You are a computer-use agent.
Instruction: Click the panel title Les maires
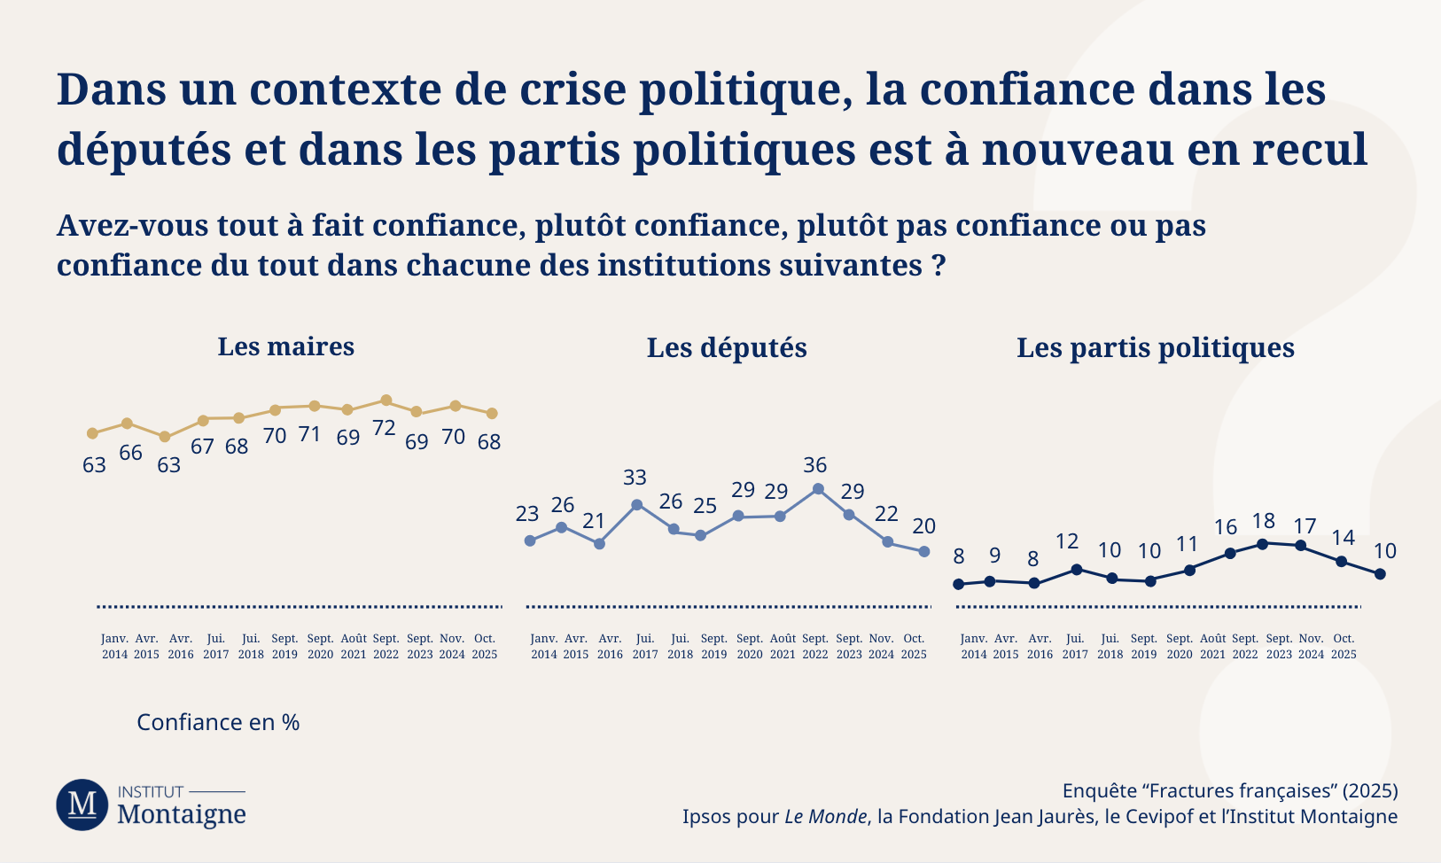pos(285,346)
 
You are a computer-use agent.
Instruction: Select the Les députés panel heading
pos(727,348)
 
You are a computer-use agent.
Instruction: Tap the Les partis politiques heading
pos(1155,348)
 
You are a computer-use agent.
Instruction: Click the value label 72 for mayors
pos(384,428)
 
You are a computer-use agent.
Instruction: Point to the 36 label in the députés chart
pos(814,465)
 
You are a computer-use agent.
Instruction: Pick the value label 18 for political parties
pos(1263,522)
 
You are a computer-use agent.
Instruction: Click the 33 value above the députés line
pos(635,478)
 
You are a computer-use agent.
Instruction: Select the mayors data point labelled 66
pos(127,424)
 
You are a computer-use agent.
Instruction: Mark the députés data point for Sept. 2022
pos(818,489)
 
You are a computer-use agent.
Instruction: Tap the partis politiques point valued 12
pos(1077,570)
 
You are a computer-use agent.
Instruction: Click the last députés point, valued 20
pos(924,551)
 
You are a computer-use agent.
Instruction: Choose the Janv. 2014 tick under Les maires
pos(114,647)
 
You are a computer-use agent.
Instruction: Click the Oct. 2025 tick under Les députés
pos(914,647)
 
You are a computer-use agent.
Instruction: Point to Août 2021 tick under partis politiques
pos(1212,647)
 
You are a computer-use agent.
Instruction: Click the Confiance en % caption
pos(218,722)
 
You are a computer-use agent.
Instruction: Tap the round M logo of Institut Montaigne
pos(82,805)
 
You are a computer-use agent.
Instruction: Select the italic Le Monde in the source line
pos(825,817)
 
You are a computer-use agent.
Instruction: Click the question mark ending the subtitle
pos(939,265)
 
